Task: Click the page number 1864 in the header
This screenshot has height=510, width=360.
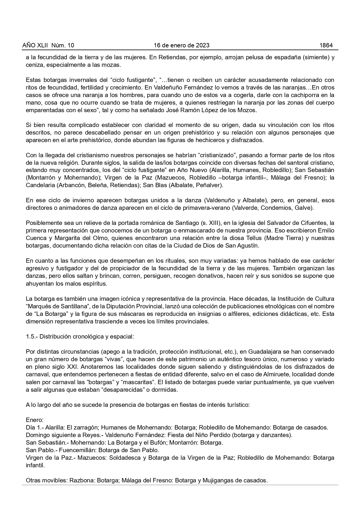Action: [x=326, y=45]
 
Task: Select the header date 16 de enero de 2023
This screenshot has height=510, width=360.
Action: [x=181, y=45]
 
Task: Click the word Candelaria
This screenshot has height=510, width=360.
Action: [x=40, y=185]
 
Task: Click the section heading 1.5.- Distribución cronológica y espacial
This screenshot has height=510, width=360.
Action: [x=80, y=337]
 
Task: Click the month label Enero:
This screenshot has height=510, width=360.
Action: [x=35, y=420]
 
